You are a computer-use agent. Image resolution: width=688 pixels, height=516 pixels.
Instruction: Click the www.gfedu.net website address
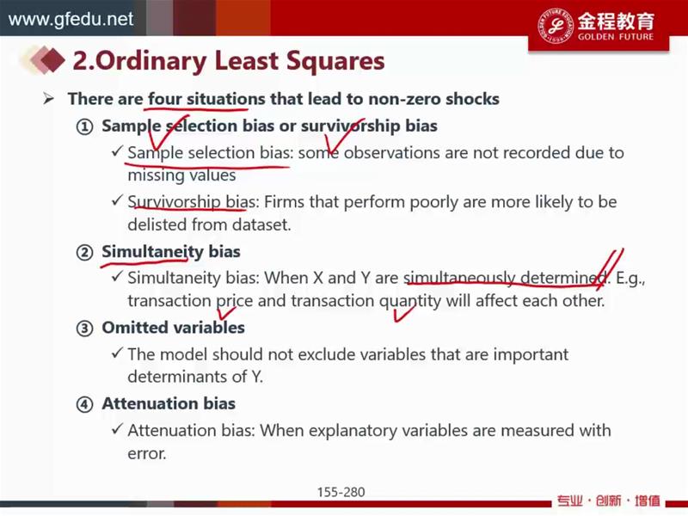click(71, 19)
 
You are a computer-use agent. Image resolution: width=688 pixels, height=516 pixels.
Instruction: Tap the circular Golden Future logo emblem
click(556, 26)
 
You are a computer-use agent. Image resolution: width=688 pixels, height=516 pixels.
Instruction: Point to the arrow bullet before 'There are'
click(48, 99)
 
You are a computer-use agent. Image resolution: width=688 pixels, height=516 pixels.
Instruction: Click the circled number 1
click(84, 126)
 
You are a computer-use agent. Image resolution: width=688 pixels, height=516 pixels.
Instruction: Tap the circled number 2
click(84, 253)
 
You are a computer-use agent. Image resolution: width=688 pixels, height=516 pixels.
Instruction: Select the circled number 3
click(84, 329)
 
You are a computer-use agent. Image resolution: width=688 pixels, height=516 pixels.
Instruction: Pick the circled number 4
click(84, 404)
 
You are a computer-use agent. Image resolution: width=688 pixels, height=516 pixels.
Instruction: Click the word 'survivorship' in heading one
click(351, 126)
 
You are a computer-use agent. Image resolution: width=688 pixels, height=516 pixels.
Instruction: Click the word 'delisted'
click(157, 224)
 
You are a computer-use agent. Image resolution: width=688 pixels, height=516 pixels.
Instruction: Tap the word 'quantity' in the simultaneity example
click(410, 302)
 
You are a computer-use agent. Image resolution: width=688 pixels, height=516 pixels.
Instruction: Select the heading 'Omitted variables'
click(174, 328)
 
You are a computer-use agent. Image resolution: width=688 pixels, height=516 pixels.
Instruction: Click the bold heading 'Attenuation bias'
click(169, 403)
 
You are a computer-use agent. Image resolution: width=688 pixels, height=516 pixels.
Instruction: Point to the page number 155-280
click(341, 492)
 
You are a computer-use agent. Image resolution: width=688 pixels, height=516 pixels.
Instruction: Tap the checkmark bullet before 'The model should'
click(117, 353)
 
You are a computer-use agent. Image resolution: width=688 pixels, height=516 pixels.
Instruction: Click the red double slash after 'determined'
click(610, 268)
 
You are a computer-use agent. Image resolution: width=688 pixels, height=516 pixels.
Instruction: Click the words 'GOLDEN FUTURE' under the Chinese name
click(616, 37)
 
